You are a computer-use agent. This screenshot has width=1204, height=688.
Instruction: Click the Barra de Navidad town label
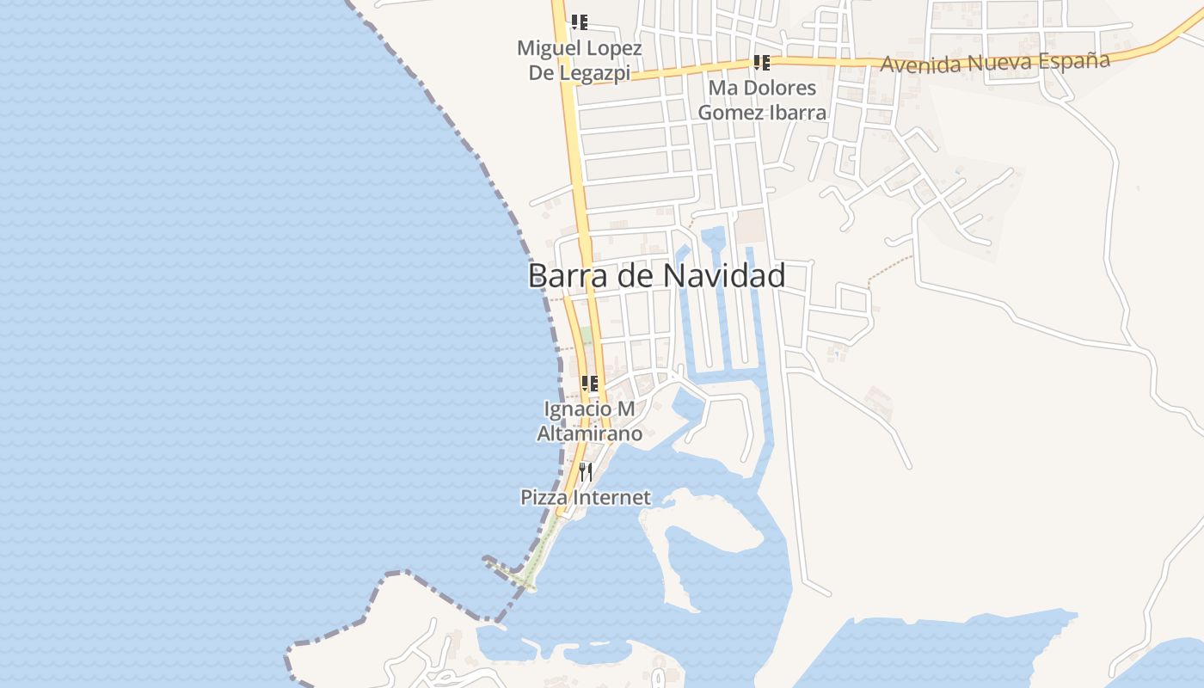656,276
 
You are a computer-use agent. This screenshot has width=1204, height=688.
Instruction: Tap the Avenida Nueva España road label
995,62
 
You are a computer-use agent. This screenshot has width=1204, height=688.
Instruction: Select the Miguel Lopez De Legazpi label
580,60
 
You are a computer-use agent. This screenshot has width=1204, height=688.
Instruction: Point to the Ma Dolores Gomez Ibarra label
762,100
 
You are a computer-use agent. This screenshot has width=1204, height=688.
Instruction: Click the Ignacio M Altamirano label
589,421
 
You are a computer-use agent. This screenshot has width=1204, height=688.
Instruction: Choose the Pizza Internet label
586,497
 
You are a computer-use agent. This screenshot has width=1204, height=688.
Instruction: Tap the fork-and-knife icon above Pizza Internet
586,471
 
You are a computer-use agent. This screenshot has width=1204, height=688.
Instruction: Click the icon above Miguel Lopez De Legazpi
580,22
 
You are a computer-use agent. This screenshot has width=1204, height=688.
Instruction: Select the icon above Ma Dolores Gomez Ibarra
761,62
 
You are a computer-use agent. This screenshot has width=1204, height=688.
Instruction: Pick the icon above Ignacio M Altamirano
590,384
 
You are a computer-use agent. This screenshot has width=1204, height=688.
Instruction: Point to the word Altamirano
589,433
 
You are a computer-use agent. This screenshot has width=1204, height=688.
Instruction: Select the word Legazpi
594,72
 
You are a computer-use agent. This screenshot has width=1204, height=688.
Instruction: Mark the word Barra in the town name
562,276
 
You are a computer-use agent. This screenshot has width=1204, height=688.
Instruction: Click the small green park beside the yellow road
587,335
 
